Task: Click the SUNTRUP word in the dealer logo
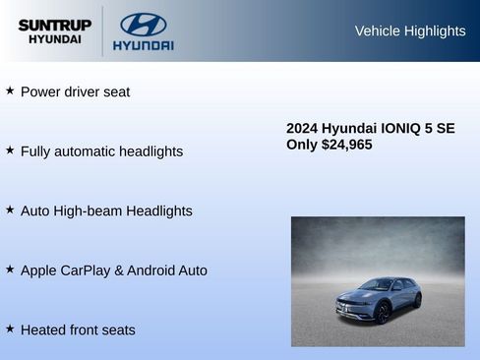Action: [x=55, y=25]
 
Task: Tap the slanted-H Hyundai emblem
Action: [x=143, y=24]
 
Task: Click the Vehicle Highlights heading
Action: [x=409, y=31]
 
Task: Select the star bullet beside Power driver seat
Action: [x=10, y=90]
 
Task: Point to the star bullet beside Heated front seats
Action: [x=10, y=329]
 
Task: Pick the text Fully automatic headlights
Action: [x=101, y=151]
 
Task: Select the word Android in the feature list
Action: [x=154, y=270]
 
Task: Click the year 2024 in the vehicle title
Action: [x=302, y=129]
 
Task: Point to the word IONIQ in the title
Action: [x=402, y=129]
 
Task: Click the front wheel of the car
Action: [x=382, y=313]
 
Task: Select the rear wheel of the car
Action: [x=417, y=300]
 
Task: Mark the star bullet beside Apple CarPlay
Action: [x=10, y=269]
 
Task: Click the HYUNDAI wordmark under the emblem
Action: [x=143, y=45]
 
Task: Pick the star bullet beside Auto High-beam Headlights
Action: [x=10, y=210]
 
